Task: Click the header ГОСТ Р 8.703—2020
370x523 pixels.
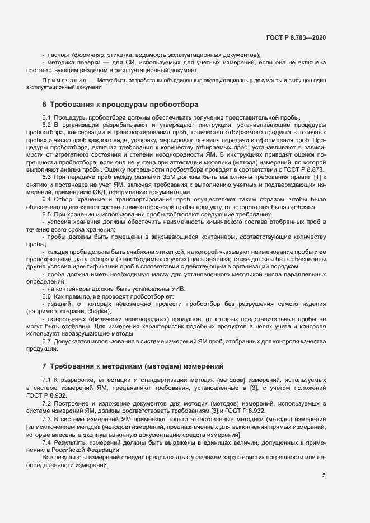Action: click(297, 37)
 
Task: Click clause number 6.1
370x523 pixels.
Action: click(47, 117)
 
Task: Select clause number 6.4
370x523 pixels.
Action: click(47, 199)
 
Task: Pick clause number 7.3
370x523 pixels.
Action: click(47, 419)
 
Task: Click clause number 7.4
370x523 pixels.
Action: click(47, 442)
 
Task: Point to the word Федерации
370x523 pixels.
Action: click(103, 450)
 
